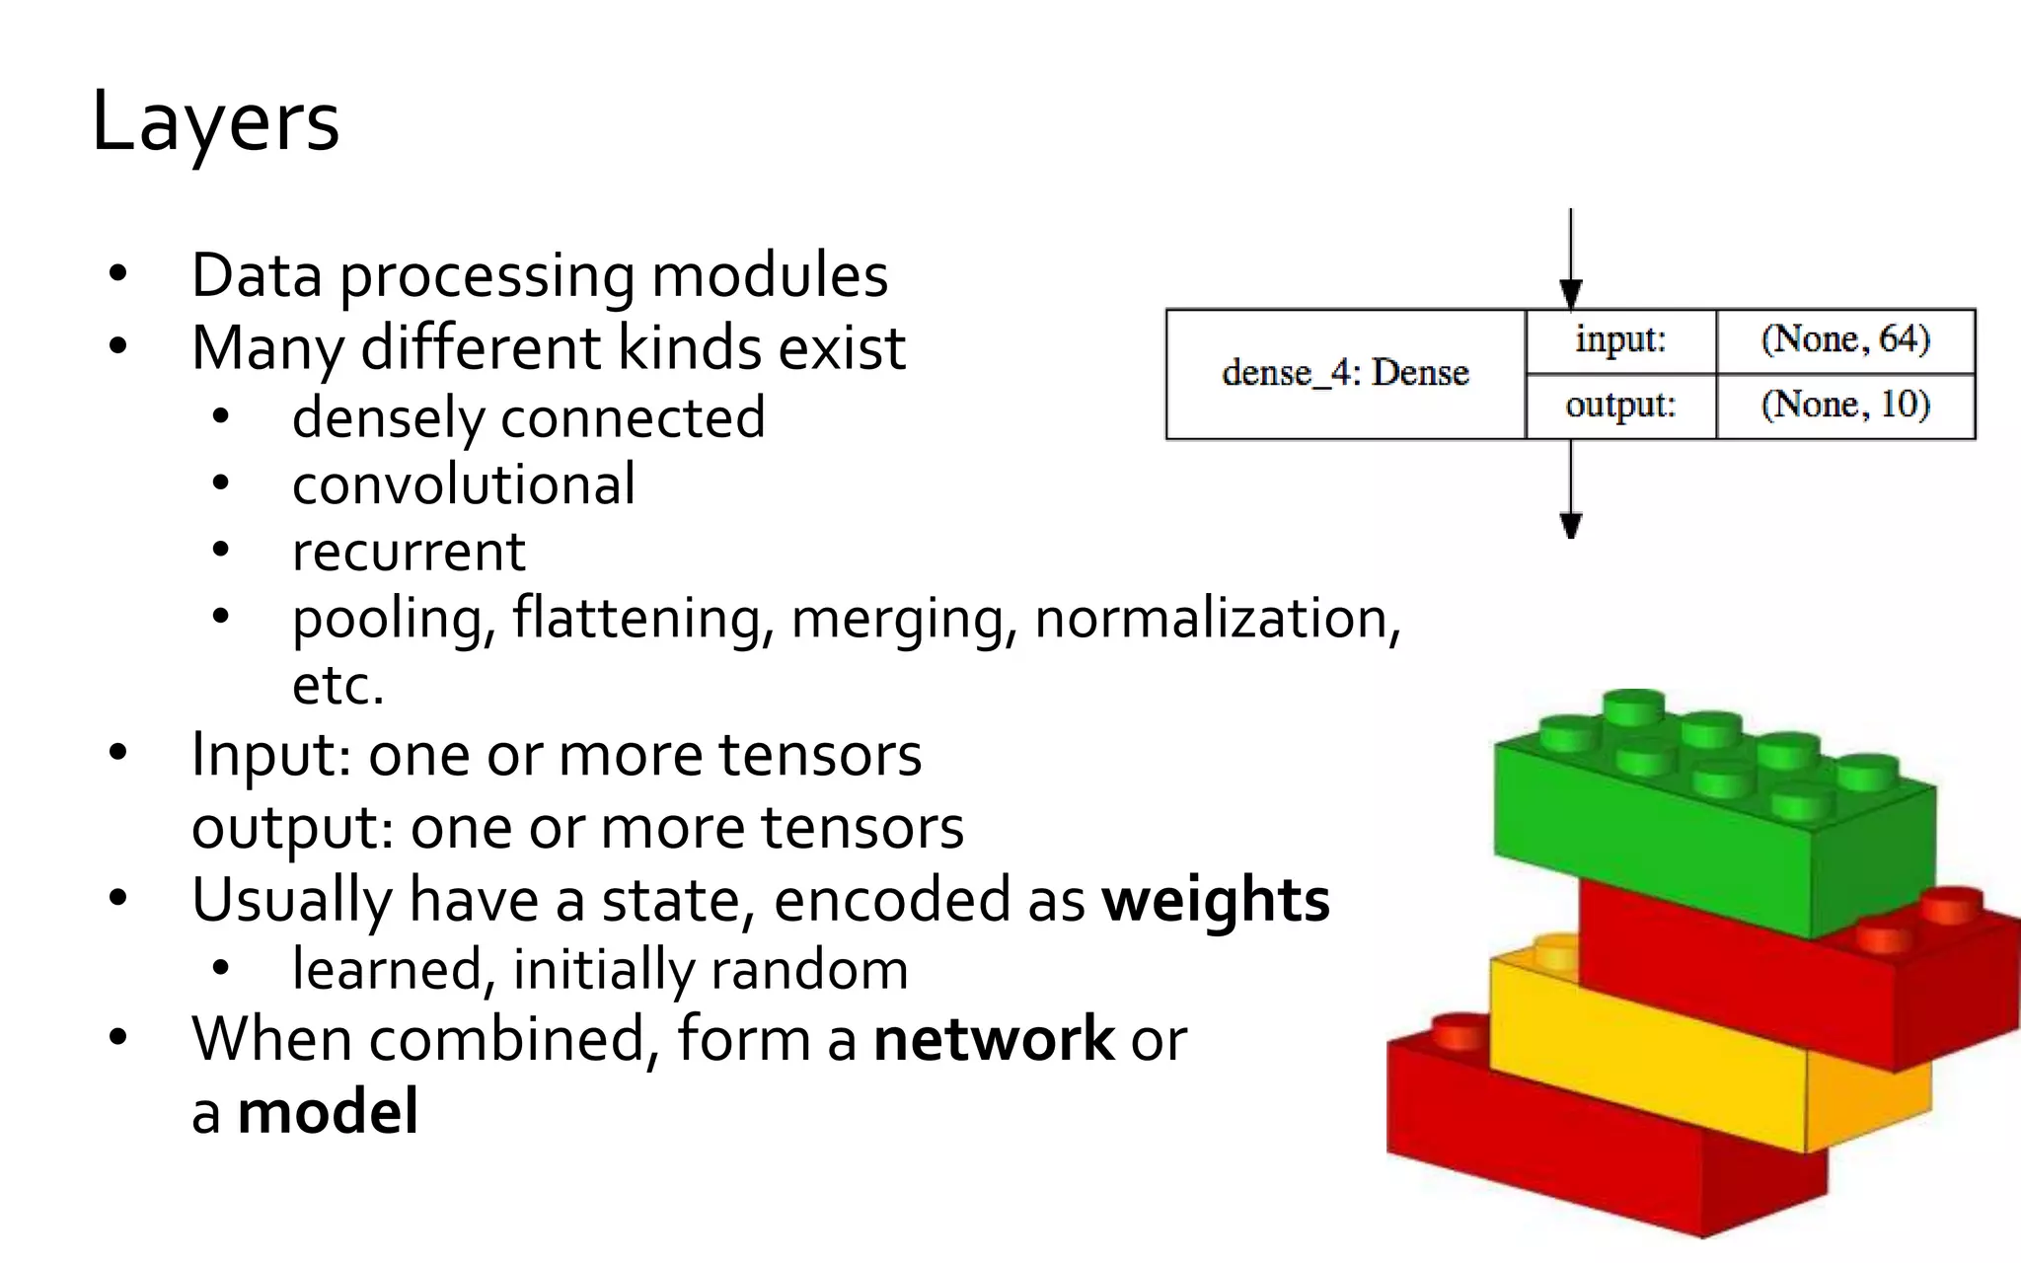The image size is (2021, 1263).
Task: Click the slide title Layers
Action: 215,122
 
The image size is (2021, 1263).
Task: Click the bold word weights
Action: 1216,900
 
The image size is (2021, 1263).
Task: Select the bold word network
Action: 994,1039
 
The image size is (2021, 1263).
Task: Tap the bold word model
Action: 328,1112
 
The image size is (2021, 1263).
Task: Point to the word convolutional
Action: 464,484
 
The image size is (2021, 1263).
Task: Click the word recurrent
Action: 409,552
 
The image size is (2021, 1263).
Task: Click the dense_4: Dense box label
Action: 1345,373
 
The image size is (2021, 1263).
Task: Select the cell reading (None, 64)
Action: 1845,339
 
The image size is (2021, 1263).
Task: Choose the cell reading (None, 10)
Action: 1845,405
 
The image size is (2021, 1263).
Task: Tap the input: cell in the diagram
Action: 1620,339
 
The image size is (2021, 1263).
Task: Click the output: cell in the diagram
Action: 1620,405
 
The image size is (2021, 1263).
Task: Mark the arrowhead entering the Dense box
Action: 1571,294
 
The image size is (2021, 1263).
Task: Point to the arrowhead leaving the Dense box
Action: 1571,525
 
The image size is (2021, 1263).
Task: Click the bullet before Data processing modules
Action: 118,274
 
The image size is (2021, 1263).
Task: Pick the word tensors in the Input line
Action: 820,756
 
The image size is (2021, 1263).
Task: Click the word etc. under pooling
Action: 337,686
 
